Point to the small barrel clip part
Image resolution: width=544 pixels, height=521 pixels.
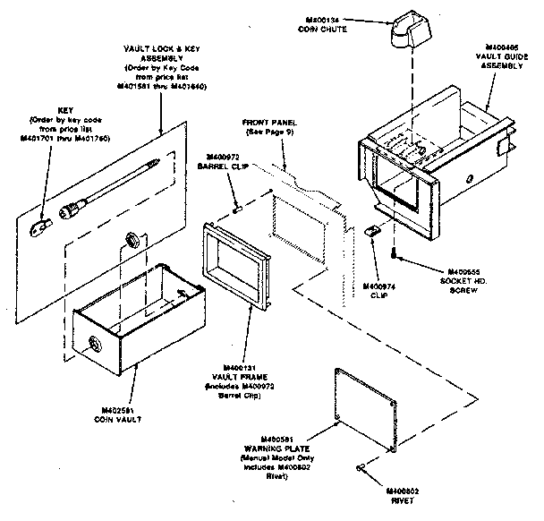[237, 209]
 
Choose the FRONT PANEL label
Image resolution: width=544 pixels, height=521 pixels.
[268, 123]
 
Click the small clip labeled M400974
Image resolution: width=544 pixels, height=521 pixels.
[374, 232]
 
